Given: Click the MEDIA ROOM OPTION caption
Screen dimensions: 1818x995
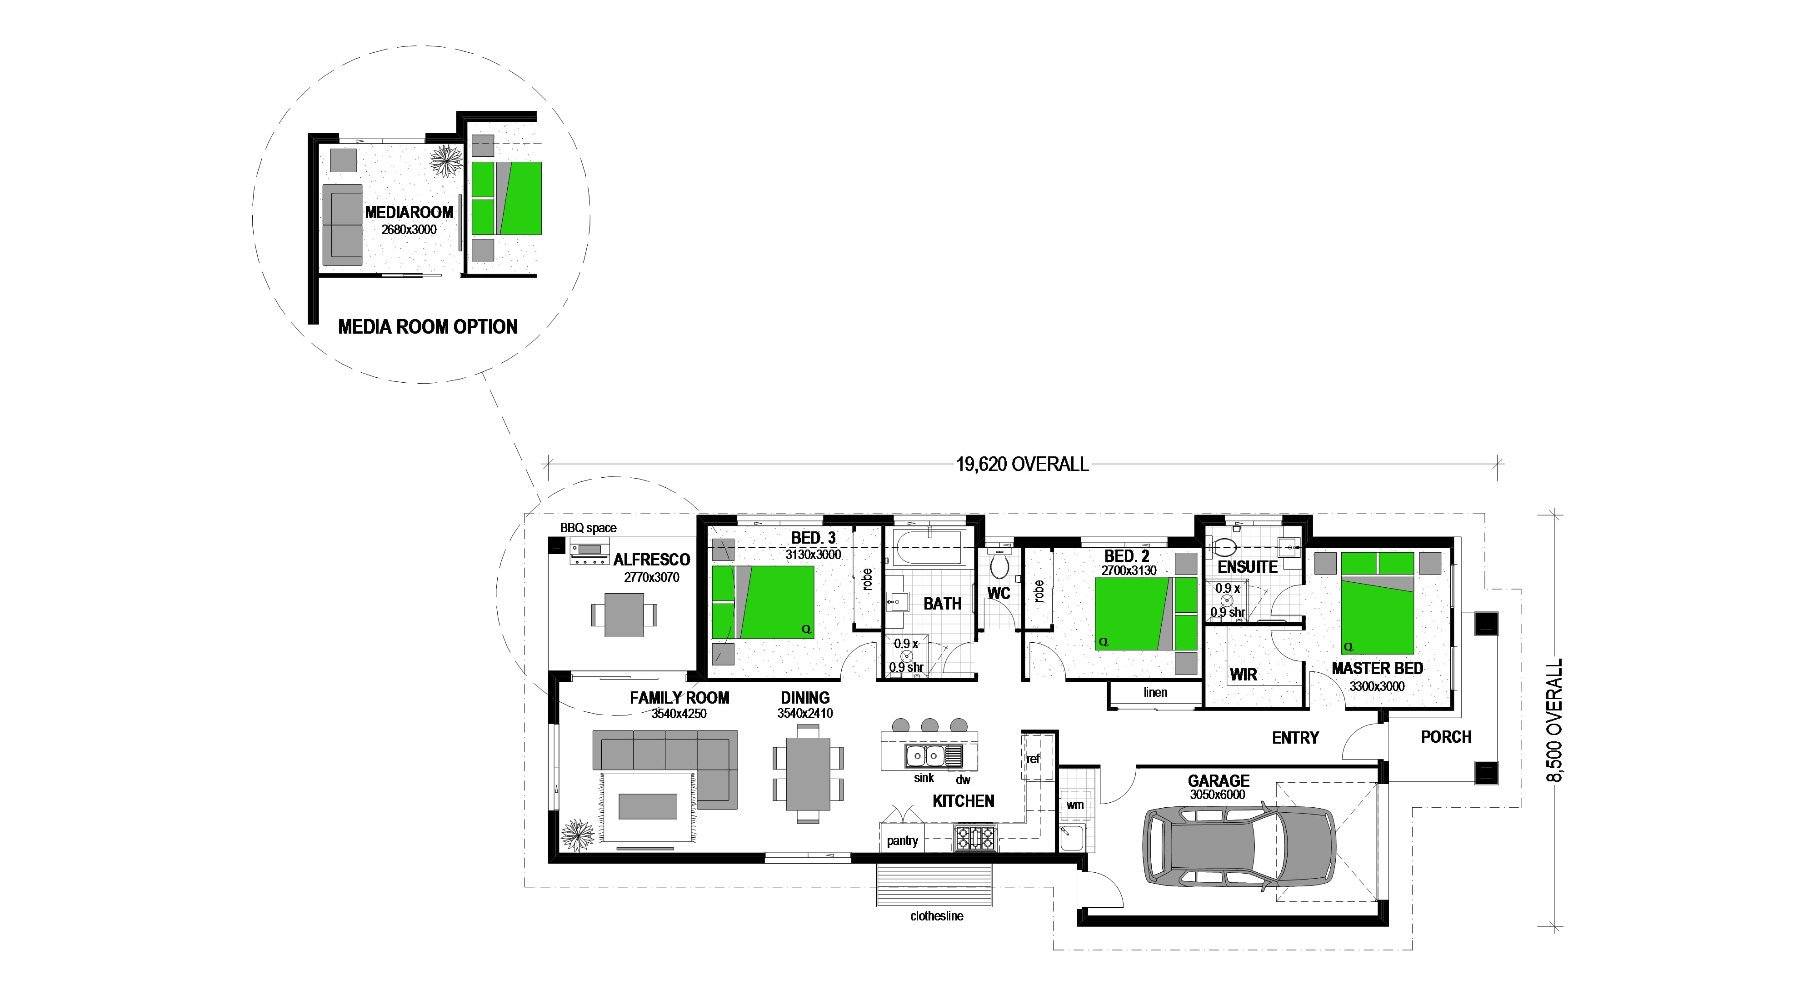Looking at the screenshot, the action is (428, 327).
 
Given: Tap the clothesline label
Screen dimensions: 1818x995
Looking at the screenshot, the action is (937, 916).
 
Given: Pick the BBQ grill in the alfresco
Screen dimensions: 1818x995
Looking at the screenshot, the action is (589, 553).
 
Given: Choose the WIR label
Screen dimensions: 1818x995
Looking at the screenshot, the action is (1244, 675).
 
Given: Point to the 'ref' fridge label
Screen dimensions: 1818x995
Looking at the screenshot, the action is (1033, 759).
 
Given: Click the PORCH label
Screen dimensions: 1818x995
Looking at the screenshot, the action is (1446, 737).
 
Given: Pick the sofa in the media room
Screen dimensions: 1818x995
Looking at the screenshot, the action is (342, 225).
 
